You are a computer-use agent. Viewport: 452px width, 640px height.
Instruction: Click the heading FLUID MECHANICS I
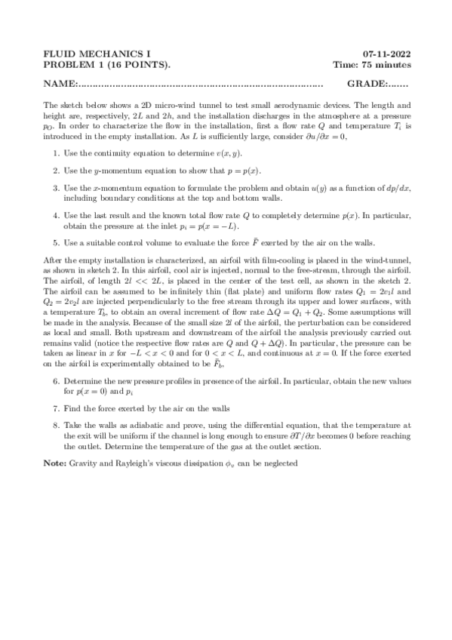click(97, 54)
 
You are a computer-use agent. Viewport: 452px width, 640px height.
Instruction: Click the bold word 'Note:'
click(55, 463)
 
